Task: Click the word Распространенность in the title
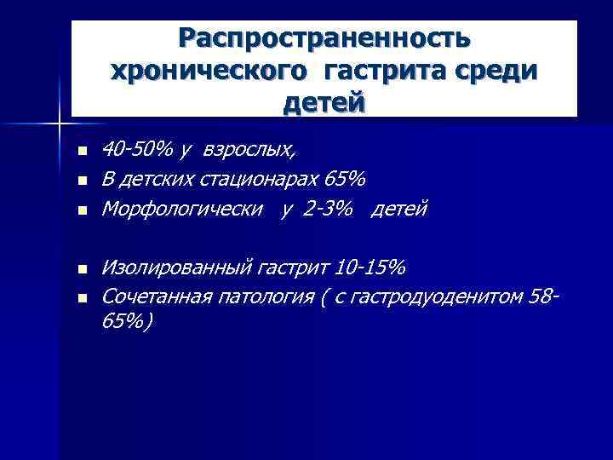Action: point(324,38)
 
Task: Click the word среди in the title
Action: point(498,71)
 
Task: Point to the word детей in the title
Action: point(324,103)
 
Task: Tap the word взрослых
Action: point(255,152)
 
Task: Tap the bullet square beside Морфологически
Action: point(81,210)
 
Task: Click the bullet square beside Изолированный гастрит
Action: point(81,269)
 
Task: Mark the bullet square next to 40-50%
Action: point(81,151)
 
